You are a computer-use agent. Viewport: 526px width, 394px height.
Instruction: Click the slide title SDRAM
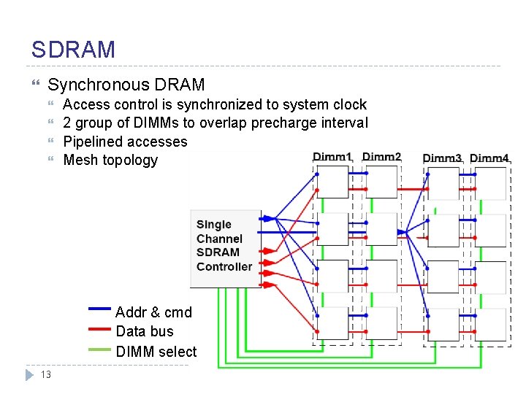(73, 50)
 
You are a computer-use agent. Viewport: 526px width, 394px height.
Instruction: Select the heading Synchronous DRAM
(126, 85)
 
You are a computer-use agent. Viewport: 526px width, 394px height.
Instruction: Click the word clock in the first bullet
(349, 104)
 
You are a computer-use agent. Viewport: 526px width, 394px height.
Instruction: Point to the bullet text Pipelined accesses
(125, 142)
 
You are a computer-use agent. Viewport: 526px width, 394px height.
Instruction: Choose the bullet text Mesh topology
(110, 160)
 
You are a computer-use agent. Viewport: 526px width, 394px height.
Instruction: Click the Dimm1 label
(332, 157)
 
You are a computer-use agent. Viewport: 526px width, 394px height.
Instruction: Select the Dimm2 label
(381, 157)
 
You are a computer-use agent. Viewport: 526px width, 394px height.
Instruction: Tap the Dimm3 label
(442, 158)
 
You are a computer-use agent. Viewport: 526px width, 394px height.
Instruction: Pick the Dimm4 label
(489, 158)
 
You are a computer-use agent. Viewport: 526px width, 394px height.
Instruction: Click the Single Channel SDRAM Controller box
(225, 248)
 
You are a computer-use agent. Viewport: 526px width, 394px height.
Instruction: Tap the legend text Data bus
(145, 331)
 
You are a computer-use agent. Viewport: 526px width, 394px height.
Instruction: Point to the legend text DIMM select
(156, 351)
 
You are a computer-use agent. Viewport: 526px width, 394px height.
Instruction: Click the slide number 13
(45, 375)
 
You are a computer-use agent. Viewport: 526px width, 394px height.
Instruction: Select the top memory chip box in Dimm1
(332, 182)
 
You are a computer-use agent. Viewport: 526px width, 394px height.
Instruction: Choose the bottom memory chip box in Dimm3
(443, 323)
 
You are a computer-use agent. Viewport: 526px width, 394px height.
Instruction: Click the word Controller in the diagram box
(224, 267)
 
